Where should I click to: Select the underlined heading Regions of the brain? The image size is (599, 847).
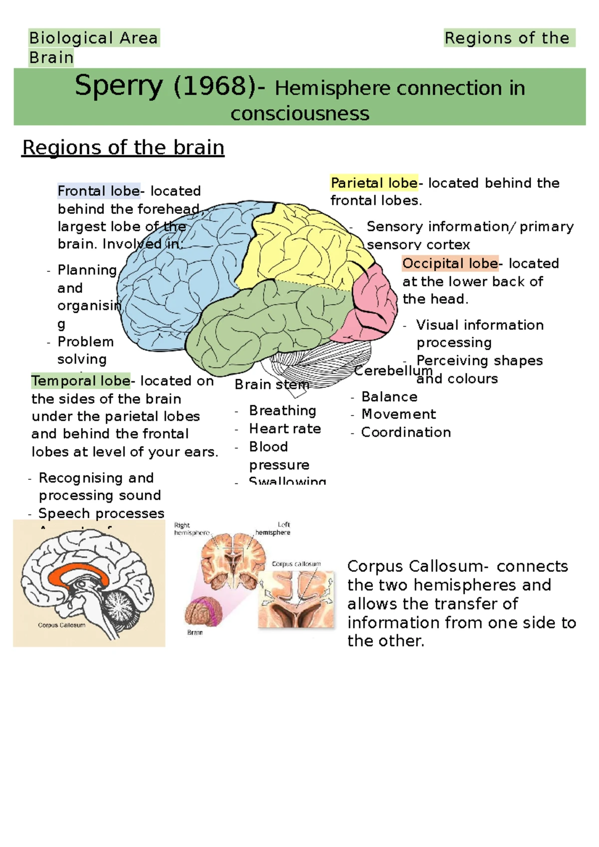coord(123,148)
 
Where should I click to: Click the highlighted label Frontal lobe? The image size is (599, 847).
coord(98,191)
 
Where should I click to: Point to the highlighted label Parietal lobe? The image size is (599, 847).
coord(374,183)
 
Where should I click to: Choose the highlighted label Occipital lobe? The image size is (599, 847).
coord(450,263)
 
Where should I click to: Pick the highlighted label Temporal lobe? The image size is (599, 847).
coord(80,381)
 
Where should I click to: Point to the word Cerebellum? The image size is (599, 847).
coord(393,371)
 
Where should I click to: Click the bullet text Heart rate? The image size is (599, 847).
coord(285,429)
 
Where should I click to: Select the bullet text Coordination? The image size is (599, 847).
coord(406,432)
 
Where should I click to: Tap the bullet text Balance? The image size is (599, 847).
coord(389,397)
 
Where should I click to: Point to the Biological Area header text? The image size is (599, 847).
coord(93,38)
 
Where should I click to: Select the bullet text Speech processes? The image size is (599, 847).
coord(101,513)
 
